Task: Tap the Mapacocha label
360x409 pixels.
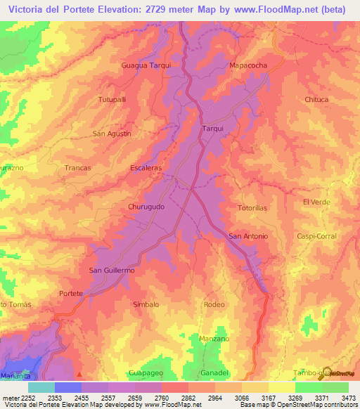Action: coord(248,65)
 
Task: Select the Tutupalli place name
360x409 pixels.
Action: coord(112,100)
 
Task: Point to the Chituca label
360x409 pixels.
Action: coord(316,100)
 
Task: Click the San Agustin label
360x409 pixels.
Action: coord(112,134)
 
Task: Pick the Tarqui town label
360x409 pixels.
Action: coord(212,129)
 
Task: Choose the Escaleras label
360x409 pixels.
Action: coord(146,168)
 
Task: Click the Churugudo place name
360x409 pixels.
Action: coord(146,207)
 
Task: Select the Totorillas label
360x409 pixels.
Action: coord(252,209)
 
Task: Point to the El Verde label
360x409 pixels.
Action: coord(316,202)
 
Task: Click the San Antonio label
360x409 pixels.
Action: coord(248,236)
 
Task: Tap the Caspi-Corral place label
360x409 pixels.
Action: coord(316,236)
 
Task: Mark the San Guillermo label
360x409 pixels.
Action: coord(111,270)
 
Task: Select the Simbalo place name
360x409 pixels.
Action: coord(146,304)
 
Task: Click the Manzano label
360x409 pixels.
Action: coord(214,339)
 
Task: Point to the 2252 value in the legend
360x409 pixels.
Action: coord(21,398)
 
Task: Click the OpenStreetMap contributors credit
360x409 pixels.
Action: coord(320,405)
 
